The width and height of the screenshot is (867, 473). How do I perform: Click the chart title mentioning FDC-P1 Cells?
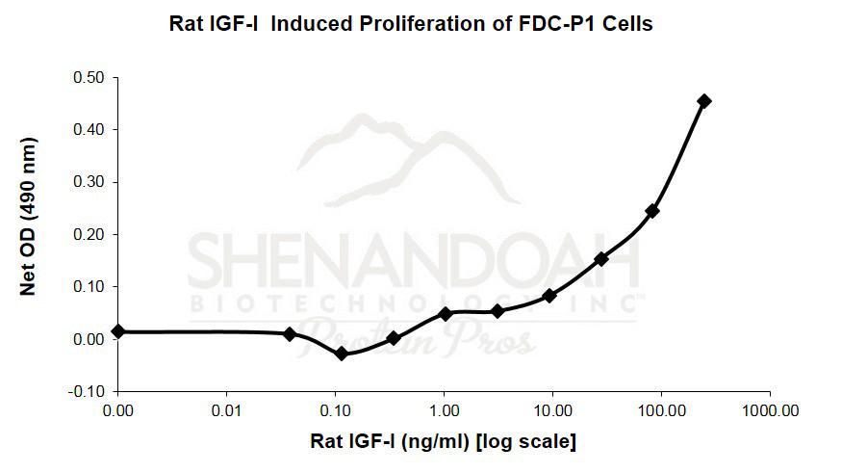[411, 24]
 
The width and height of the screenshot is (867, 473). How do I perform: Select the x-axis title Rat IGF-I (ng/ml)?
[443, 442]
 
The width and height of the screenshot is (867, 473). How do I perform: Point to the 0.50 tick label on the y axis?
[89, 77]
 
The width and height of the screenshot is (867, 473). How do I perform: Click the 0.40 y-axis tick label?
[89, 129]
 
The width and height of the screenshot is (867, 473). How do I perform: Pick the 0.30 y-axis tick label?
[89, 182]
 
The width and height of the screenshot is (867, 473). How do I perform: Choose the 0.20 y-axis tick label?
[89, 234]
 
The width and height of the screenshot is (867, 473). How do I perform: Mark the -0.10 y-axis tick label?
[88, 391]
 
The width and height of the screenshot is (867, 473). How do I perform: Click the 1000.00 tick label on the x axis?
[769, 411]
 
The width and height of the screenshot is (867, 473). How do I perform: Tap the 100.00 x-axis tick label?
[661, 411]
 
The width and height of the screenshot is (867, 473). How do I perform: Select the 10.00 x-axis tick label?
[552, 411]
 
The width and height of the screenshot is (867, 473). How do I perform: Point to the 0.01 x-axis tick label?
[226, 411]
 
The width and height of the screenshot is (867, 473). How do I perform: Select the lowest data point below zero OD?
[341, 354]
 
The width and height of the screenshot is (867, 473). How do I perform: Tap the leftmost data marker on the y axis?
[118, 331]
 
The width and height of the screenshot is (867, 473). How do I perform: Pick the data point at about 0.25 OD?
[652, 211]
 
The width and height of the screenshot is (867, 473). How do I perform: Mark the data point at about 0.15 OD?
[601, 259]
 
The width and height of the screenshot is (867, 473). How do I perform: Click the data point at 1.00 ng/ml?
[446, 314]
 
